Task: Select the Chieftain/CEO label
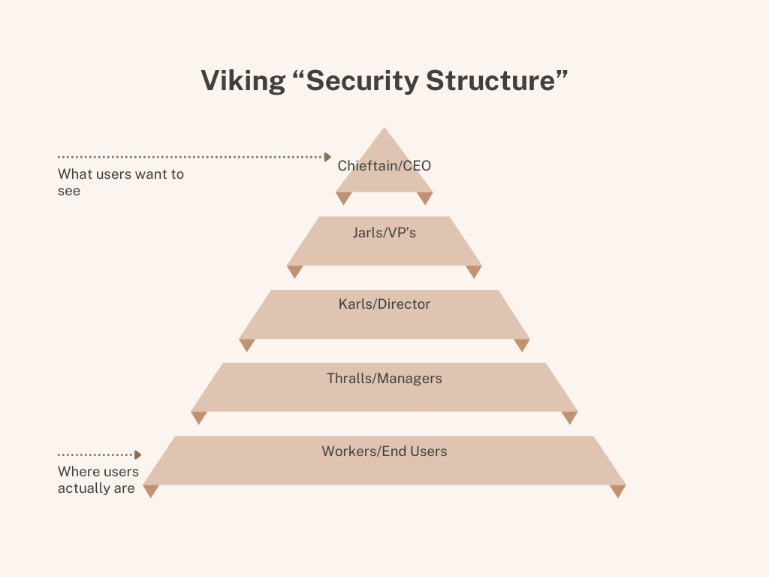[x=384, y=165]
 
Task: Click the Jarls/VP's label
[x=384, y=233]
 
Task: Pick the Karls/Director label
[x=384, y=304]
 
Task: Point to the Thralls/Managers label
[x=384, y=379]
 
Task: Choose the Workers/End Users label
[x=384, y=452]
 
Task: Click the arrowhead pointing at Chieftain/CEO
[x=327, y=157]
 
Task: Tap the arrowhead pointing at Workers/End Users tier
[x=137, y=455]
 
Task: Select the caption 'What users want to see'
[x=120, y=183]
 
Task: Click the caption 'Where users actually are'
[x=98, y=480]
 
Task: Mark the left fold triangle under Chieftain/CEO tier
[x=344, y=197]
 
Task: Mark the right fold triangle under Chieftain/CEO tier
[x=425, y=197]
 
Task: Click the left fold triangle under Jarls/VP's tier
[x=295, y=270]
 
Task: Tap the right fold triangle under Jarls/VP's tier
[x=473, y=270]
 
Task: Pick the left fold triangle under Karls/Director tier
[x=247, y=343]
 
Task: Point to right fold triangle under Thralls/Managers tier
[x=570, y=416]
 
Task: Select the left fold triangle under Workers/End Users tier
[x=151, y=490]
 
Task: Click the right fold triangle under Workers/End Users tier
[x=617, y=490]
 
